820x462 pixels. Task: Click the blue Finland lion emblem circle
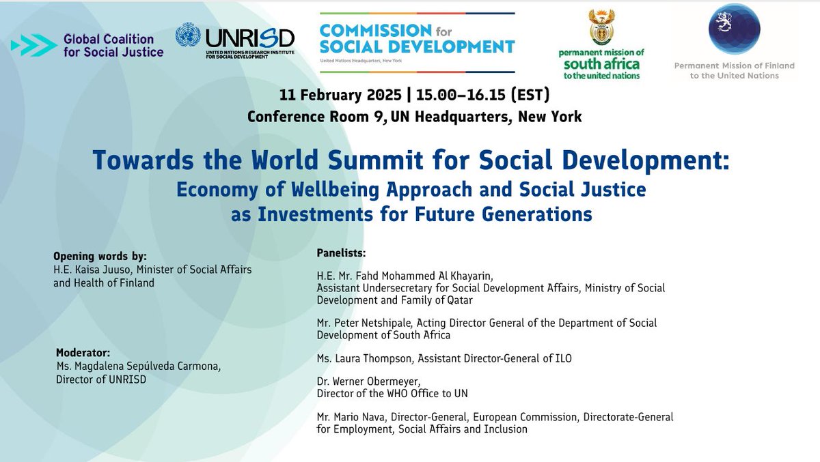(x=735, y=29)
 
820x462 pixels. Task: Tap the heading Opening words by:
(x=100, y=257)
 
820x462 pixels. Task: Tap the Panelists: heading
(x=342, y=252)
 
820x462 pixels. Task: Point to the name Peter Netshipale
(x=361, y=323)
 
